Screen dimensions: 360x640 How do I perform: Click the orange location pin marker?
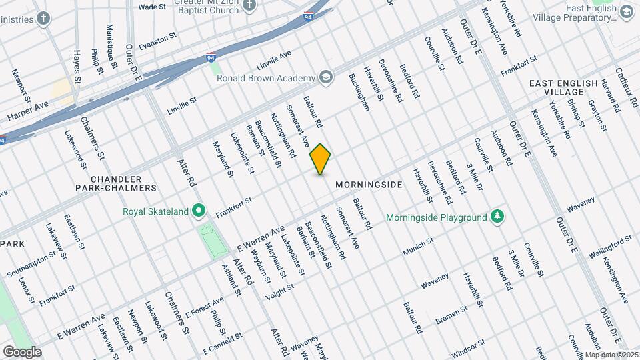click(x=321, y=159)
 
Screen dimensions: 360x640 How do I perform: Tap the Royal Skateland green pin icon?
click(x=199, y=212)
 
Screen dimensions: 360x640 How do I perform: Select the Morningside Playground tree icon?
click(x=497, y=217)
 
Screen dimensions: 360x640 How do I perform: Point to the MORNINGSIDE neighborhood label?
click(x=369, y=185)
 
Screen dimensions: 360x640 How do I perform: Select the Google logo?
click(x=22, y=351)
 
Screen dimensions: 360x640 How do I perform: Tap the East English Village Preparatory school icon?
click(x=627, y=12)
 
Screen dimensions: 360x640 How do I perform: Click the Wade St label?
click(x=152, y=7)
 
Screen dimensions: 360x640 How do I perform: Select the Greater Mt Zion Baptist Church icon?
click(x=249, y=6)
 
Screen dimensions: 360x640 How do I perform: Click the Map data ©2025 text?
click(x=611, y=355)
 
